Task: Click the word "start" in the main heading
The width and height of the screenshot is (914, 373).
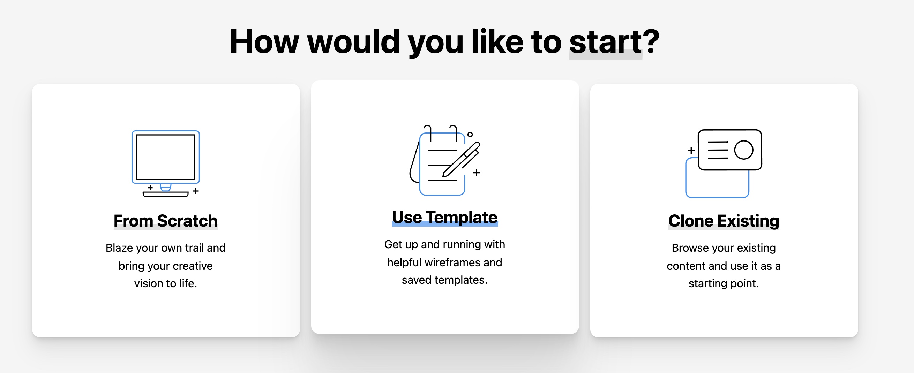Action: pyautogui.click(x=606, y=42)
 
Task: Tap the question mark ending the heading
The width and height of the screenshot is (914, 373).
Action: pyautogui.click(x=651, y=41)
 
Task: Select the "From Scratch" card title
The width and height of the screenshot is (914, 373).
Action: pyautogui.click(x=166, y=221)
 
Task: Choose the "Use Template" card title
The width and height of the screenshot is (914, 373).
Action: pyautogui.click(x=445, y=217)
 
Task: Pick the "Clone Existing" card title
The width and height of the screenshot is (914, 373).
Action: pyautogui.click(x=724, y=221)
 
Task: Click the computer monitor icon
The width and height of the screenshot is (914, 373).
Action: pyautogui.click(x=166, y=158)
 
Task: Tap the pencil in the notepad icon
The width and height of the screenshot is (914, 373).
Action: pyautogui.click(x=461, y=159)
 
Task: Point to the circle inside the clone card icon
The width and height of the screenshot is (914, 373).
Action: pyautogui.click(x=744, y=150)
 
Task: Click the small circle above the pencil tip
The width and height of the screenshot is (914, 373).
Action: pyautogui.click(x=470, y=134)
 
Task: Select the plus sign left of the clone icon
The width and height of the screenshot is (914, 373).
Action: pyautogui.click(x=691, y=150)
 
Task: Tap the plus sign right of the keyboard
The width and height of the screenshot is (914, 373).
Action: pyautogui.click(x=196, y=191)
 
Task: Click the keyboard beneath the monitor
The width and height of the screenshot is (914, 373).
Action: pyautogui.click(x=166, y=194)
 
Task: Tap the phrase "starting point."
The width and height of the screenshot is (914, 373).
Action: pyautogui.click(x=724, y=284)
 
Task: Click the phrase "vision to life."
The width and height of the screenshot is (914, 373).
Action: pyautogui.click(x=166, y=284)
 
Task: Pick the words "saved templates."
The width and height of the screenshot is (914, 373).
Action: pyautogui.click(x=445, y=280)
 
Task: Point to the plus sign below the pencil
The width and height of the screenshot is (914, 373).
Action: pyautogui.click(x=477, y=173)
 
